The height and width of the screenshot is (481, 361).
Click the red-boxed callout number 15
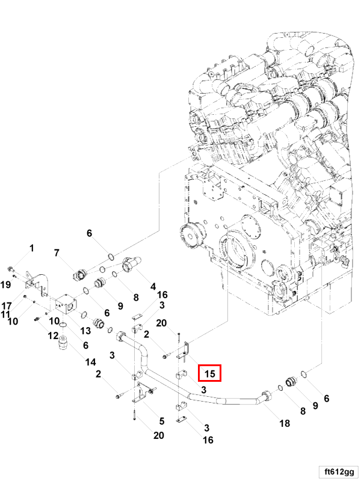pos(210,373)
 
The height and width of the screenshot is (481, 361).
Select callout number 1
pos(32,248)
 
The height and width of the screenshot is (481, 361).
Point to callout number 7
pos(57,253)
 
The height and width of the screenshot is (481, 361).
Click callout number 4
pos(153,286)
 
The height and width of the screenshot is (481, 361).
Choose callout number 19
pos(5,284)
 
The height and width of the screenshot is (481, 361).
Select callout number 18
pos(285,423)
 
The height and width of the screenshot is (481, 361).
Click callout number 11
pos(5,314)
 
